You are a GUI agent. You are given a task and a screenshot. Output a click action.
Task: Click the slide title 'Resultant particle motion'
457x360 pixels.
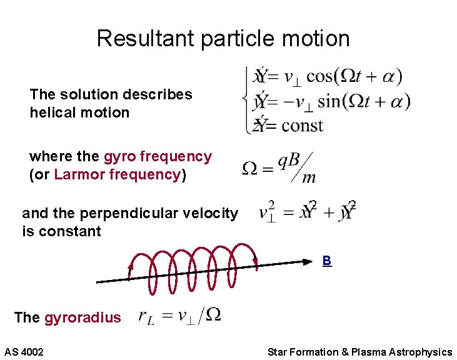click(223, 39)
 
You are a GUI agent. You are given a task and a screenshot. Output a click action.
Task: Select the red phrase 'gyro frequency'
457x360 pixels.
click(158, 156)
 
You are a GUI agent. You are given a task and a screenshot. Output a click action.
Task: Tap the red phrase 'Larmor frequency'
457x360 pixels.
click(118, 174)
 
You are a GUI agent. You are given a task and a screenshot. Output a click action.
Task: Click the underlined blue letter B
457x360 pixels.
click(326, 261)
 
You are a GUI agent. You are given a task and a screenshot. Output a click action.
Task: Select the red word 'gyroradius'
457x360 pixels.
click(83, 317)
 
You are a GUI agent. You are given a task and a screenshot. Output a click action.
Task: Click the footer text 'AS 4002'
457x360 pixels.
click(24, 352)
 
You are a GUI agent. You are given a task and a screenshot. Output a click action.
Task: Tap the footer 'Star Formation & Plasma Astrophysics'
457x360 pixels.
click(359, 352)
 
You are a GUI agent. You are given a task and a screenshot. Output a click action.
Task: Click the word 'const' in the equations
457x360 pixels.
click(302, 125)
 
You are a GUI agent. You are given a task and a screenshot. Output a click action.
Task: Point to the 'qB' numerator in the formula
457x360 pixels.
click(289, 161)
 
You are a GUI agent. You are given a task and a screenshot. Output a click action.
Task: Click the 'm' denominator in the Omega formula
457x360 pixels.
click(309, 179)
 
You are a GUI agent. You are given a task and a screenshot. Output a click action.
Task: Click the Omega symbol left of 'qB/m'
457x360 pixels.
click(249, 169)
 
